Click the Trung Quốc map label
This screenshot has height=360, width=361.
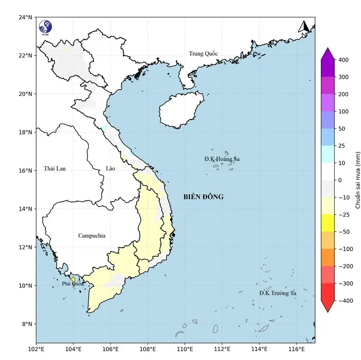pos(203,54)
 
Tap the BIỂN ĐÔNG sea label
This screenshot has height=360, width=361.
pos(204,197)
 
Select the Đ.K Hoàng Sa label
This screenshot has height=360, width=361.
pos(222,159)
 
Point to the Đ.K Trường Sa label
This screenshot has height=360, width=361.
pos(278,293)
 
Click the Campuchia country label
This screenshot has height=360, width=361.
pos(92,235)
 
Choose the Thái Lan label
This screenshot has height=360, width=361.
pos(55,168)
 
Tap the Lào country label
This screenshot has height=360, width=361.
pos(110,168)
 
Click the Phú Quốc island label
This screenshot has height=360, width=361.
pos(72,284)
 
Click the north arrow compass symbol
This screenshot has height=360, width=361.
pos(304,27)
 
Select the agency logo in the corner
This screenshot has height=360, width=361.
pos(45,26)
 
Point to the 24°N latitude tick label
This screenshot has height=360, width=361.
pos(26,17)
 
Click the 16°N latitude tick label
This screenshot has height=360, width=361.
pos(26,170)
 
